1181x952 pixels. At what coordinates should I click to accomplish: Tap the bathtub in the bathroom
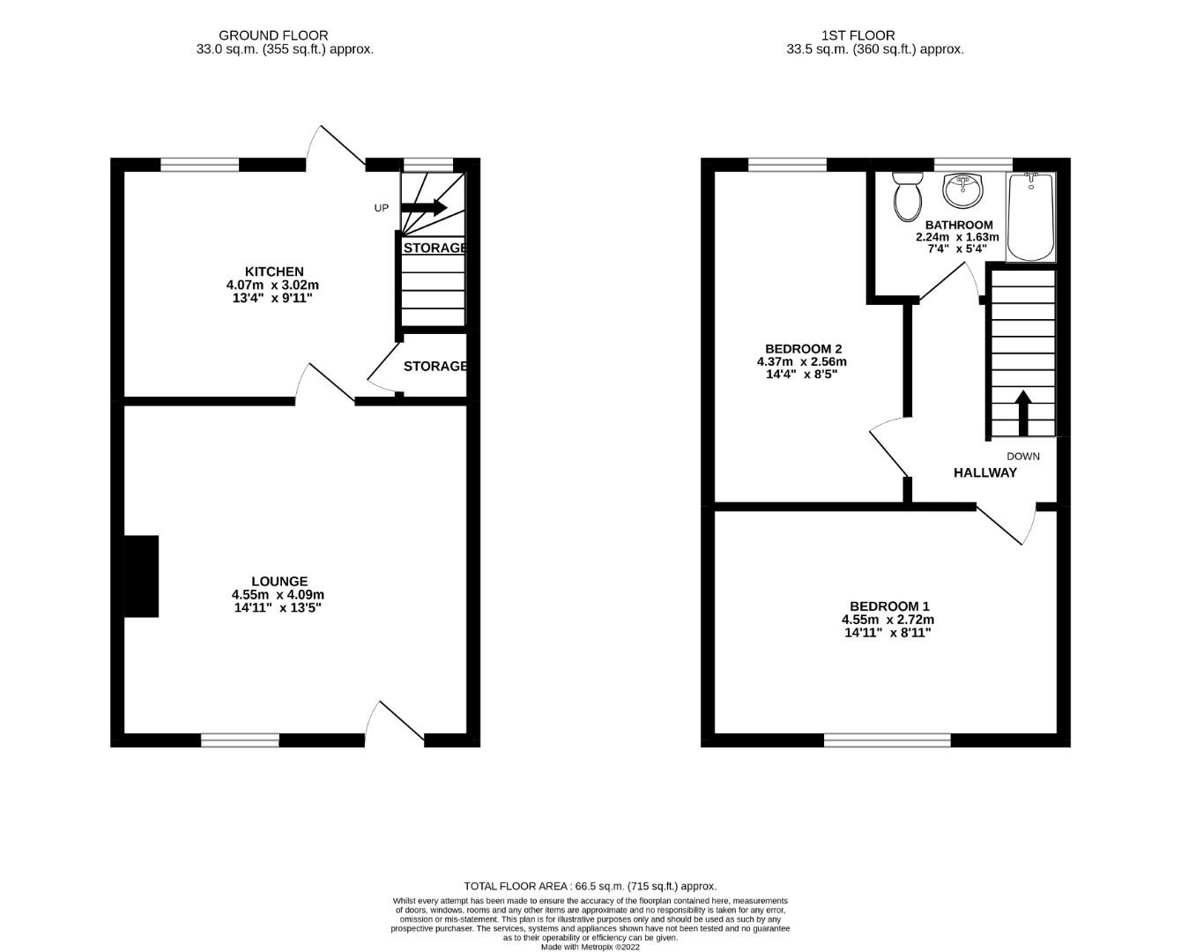1030,217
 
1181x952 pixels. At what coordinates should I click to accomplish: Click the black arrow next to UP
424,208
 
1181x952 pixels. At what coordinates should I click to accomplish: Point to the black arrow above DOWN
1022,413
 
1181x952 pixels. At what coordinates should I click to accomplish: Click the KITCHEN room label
273,271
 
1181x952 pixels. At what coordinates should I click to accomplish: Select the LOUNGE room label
279,581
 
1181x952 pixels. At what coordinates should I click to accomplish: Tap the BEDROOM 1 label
889,606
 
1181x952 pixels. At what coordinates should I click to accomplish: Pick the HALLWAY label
984,472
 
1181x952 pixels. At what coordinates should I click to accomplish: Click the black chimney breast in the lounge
142,576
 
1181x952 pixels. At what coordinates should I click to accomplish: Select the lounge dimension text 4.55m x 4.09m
279,595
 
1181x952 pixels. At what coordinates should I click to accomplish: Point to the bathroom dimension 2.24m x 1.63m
958,237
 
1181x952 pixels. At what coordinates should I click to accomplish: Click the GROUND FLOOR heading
273,35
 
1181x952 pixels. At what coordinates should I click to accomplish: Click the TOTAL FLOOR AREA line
590,886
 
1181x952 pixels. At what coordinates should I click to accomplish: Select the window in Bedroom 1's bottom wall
888,740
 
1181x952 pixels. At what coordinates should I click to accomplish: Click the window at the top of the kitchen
200,164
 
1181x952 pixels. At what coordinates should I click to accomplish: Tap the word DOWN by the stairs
1023,457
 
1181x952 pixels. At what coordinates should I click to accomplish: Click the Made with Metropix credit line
590,947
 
